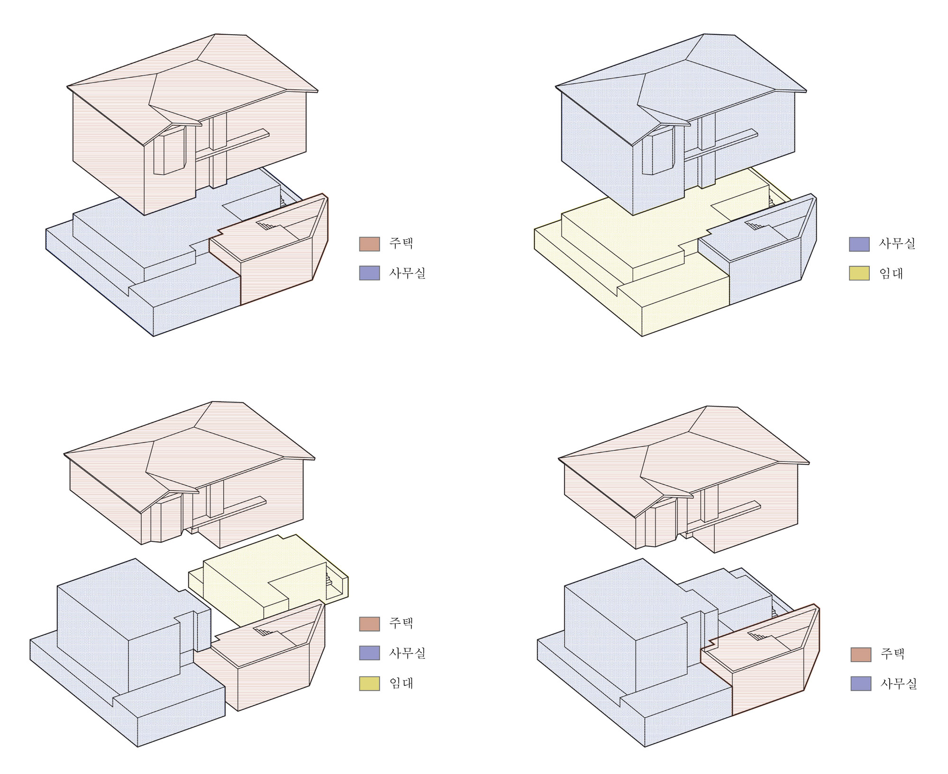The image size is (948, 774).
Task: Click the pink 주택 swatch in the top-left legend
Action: (369, 244)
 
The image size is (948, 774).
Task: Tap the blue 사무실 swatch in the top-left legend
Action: (369, 273)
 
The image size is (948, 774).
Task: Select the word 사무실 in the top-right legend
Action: (897, 244)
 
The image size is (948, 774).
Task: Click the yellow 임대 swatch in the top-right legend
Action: (859, 273)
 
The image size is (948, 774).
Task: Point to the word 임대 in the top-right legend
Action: (891, 273)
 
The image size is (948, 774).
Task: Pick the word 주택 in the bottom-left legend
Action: (401, 623)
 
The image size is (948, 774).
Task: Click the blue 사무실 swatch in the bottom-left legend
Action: (369, 653)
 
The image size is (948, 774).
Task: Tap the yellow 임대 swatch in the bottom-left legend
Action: (369, 683)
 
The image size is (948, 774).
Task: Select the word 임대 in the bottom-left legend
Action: (401, 683)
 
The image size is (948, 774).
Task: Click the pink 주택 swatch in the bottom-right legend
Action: (861, 654)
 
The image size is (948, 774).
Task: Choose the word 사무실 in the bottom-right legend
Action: (899, 683)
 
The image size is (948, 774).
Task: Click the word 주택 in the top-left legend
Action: (401, 244)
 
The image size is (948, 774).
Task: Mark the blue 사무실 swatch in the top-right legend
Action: (859, 244)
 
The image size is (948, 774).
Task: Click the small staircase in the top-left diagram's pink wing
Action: (266, 225)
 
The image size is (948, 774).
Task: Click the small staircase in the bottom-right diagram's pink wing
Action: (757, 636)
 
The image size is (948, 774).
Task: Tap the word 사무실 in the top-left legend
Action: (407, 273)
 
